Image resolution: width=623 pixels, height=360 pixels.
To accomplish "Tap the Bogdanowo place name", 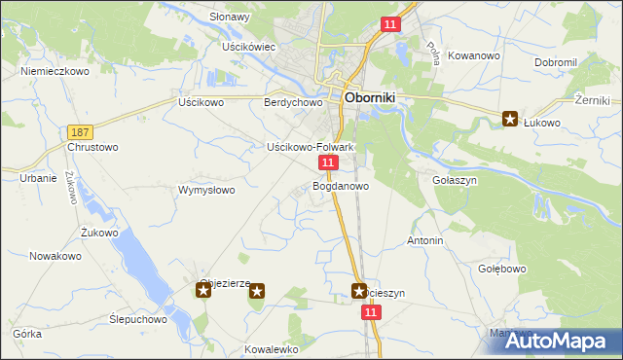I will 340,185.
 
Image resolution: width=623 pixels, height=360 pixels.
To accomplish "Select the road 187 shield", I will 82,131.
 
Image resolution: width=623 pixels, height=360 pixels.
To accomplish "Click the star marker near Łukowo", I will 510,120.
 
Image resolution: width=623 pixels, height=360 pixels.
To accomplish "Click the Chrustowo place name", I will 92,148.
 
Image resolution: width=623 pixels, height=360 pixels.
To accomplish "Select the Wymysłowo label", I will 206,190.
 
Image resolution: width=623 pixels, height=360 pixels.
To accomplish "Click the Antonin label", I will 425,240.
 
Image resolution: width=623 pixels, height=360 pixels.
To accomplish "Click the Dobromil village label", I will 556,62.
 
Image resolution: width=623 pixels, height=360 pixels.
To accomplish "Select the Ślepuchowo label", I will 138,318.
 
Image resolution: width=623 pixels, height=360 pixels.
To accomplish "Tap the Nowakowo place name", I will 55,256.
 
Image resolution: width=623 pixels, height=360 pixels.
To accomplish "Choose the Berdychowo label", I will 293,102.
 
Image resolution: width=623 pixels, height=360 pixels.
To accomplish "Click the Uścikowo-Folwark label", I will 310,147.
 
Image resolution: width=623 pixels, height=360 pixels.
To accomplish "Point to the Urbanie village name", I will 39,178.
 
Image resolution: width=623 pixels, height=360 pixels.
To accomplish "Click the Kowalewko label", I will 272,348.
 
